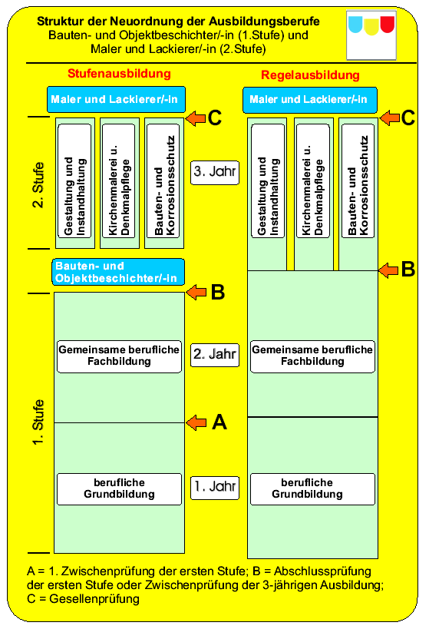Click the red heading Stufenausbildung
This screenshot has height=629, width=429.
coord(119,74)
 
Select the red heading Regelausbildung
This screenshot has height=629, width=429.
coord(310,75)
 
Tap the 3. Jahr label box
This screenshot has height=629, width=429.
coord(215,173)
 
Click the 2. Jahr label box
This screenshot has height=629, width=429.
coord(215,355)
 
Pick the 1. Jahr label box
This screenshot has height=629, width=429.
coord(215,488)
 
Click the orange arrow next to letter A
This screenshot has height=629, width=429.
coord(196,422)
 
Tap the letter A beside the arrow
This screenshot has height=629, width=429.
coord(219,422)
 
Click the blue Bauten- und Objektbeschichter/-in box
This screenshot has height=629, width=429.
coord(118,272)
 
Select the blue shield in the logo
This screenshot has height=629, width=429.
coord(355,24)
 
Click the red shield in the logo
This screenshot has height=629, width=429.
coord(388,24)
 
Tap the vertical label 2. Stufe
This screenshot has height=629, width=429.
coord(38,185)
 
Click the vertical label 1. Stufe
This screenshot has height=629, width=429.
coord(38,422)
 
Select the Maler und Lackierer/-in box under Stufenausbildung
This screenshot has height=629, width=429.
coord(117,100)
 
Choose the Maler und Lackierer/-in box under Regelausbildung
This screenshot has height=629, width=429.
coord(310,100)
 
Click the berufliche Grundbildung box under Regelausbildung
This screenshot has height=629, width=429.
coord(312,489)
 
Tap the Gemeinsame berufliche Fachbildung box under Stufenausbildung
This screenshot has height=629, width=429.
coord(119,356)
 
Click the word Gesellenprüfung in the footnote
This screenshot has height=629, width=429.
coord(94,599)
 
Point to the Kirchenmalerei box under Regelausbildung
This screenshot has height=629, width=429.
coord(312,181)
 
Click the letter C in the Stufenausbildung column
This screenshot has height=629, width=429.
coord(215,118)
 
